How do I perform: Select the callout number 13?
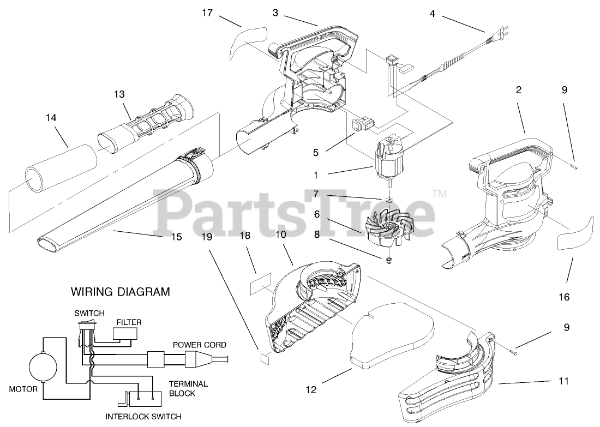click(x=119, y=94)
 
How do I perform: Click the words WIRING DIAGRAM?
click(x=121, y=292)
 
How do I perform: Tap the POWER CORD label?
click(x=199, y=345)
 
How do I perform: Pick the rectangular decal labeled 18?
click(x=260, y=288)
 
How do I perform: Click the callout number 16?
click(x=563, y=297)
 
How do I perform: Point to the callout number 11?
click(x=563, y=381)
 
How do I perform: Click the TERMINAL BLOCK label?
click(x=188, y=388)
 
